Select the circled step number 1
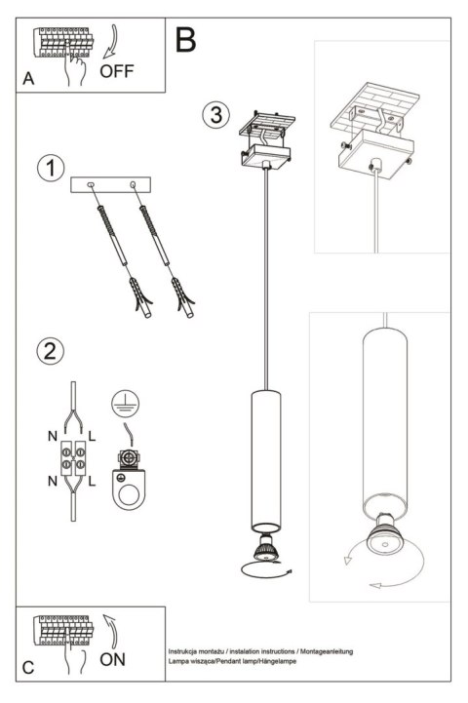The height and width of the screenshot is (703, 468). (x=47, y=168)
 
